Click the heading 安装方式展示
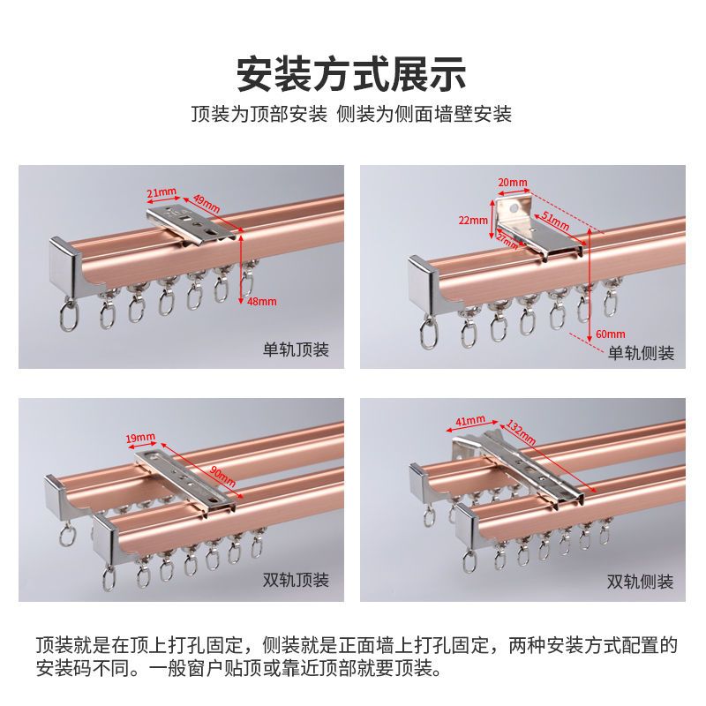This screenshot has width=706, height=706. [x=351, y=74]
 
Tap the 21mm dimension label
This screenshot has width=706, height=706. [x=161, y=192]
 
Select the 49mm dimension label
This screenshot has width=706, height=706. [x=207, y=204]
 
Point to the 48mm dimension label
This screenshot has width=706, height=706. [x=261, y=301]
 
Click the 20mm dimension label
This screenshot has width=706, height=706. [x=513, y=183]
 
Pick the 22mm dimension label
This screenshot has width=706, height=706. [x=473, y=220]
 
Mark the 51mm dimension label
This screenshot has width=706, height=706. [x=555, y=221]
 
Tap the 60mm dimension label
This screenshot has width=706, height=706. [x=611, y=334]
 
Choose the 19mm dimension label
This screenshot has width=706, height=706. [x=140, y=437]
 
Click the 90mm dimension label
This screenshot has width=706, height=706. [x=223, y=477]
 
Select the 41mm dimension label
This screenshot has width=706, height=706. [x=470, y=421]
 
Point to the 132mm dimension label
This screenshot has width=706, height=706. [x=521, y=432]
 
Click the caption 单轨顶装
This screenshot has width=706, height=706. [x=296, y=349]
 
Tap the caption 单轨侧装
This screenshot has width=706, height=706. [x=642, y=352]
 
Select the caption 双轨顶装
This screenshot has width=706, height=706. [x=296, y=580]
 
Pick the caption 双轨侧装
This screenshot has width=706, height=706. [x=640, y=582]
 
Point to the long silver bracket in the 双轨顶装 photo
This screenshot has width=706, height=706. [x=185, y=483]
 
